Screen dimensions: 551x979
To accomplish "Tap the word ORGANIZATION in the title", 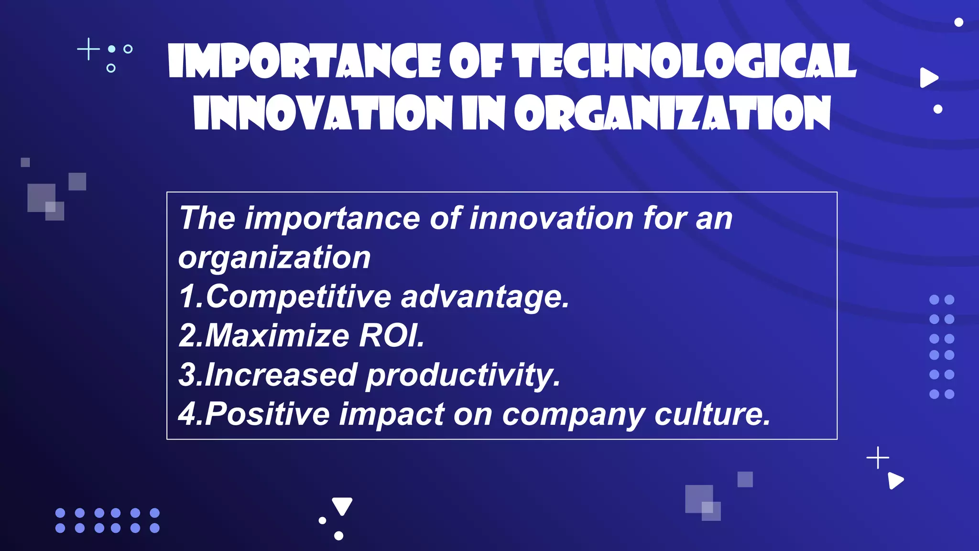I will (x=672, y=113).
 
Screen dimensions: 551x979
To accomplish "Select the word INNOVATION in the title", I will (x=323, y=113).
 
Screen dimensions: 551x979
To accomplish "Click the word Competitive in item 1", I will (x=299, y=297).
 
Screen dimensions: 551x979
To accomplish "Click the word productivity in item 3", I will (x=462, y=375).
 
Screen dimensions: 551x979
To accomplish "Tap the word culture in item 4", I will (x=712, y=414).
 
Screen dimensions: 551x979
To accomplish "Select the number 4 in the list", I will (x=187, y=414).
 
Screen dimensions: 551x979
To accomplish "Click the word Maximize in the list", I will (x=277, y=335).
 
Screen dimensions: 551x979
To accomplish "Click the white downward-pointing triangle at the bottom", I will (x=342, y=505).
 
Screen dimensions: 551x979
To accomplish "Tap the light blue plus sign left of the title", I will (x=88, y=49).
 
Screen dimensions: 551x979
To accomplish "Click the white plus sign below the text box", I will (x=878, y=458).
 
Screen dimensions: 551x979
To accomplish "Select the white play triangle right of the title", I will (x=928, y=78).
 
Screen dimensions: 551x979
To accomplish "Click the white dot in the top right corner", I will (x=958, y=22).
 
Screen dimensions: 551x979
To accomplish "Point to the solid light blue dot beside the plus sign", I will (x=112, y=49).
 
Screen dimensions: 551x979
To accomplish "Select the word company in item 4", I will (x=574, y=415).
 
